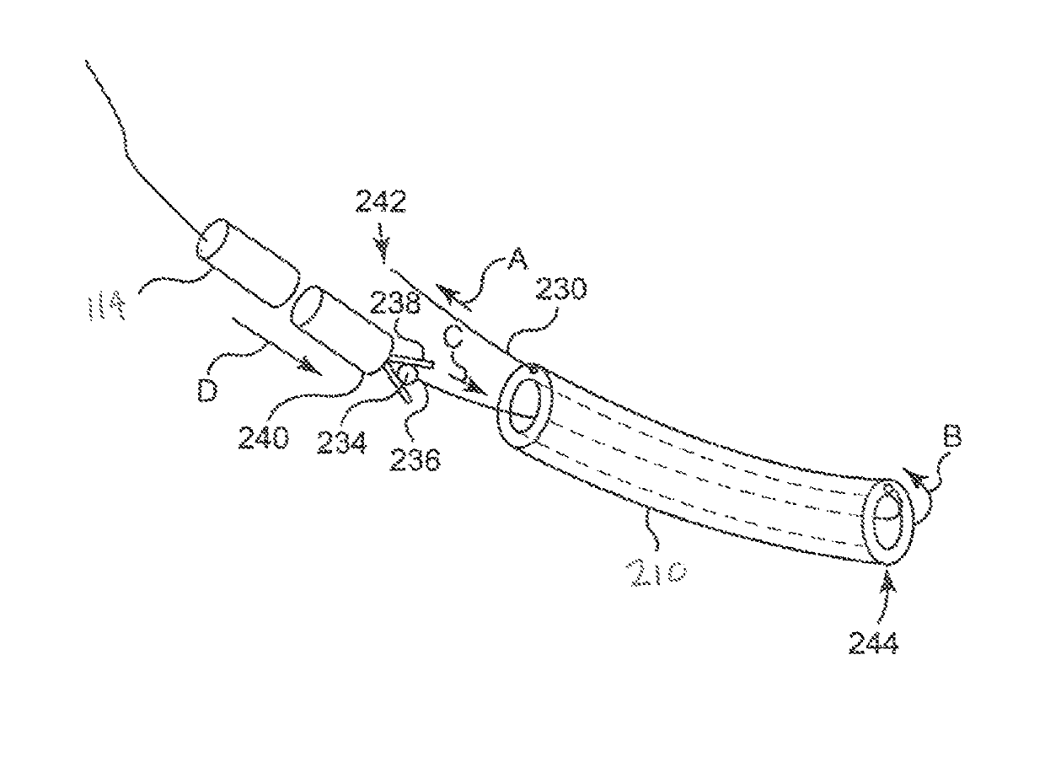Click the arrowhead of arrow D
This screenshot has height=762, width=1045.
[x=308, y=368]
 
